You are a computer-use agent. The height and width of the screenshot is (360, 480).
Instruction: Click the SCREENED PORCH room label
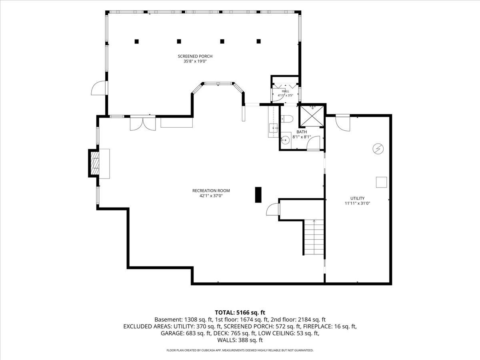coord(195,56)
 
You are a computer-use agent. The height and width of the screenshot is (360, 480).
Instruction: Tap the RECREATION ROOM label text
coord(211,191)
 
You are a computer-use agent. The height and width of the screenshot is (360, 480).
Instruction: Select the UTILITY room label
coord(357,198)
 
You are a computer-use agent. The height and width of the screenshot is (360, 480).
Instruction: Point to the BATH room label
coord(302,132)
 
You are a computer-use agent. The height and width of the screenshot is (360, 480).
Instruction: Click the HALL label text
coord(285,91)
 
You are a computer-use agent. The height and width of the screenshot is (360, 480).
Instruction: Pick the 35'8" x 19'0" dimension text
coord(195,62)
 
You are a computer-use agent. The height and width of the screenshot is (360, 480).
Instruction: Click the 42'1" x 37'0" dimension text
coord(211,196)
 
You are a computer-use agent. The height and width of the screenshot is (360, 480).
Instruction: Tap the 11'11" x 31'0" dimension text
coord(357,203)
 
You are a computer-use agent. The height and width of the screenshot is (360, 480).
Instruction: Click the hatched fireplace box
coord(94,163)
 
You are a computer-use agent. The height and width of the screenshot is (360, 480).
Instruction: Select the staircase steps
coord(314,237)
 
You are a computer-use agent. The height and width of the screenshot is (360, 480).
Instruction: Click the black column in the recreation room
coord(258,195)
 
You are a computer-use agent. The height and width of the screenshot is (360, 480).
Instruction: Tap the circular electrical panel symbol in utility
coord(378,149)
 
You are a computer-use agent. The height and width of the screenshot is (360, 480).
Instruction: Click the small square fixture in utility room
coord(381,182)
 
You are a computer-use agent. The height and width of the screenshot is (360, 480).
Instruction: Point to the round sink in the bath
coord(285,140)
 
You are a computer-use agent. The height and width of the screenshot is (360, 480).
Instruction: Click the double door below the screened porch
coord(143,123)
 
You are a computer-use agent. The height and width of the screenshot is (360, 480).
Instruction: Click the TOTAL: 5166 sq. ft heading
coord(240,312)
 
